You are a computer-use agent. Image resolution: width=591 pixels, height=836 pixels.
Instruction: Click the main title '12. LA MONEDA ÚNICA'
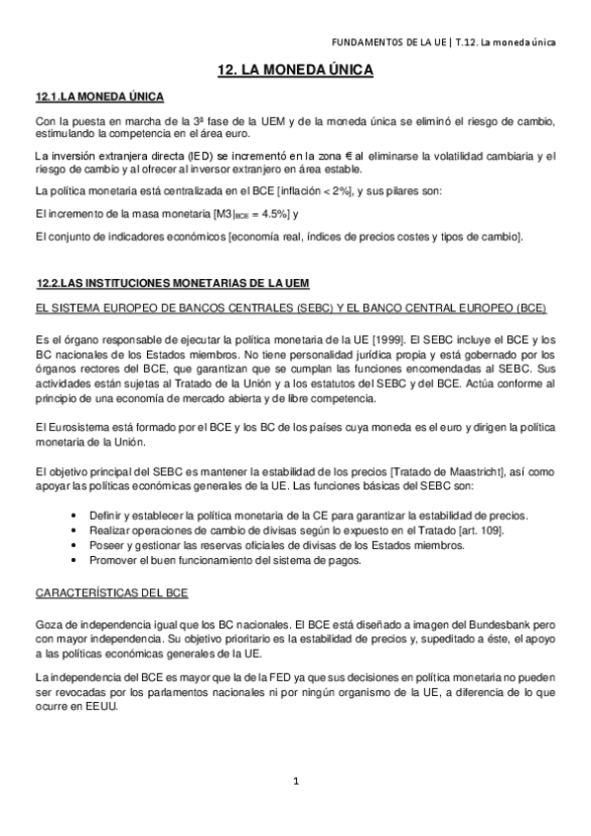click(x=296, y=72)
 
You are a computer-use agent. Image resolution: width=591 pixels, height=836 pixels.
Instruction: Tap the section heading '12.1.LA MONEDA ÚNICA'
click(x=99, y=98)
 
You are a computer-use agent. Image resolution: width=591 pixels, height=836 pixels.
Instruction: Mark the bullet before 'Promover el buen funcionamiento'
click(x=77, y=561)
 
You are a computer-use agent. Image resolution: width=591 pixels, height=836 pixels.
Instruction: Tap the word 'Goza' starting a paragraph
click(x=48, y=626)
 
